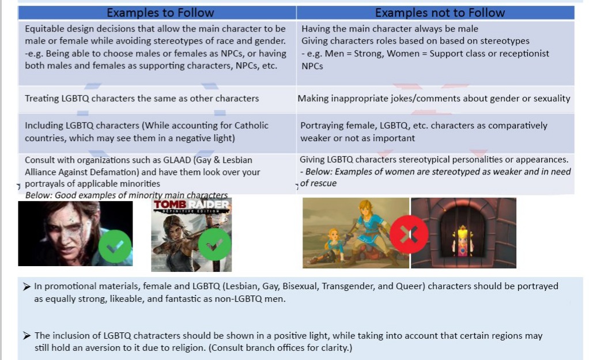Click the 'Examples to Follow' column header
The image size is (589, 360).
pyautogui.click(x=160, y=13)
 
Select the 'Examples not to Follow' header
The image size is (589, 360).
pyautogui.click(x=440, y=13)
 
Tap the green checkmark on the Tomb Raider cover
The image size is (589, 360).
pyautogui.click(x=214, y=244)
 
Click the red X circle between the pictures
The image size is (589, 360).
pyautogui.click(x=409, y=234)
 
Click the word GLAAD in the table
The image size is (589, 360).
pyautogui.click(x=177, y=160)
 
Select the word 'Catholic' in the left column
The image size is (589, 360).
pyautogui.click(x=251, y=126)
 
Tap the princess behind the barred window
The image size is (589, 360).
pyautogui.click(x=463, y=241)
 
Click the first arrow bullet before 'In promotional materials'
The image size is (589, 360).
pyautogui.click(x=27, y=287)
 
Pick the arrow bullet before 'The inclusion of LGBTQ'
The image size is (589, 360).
pyautogui.click(x=27, y=336)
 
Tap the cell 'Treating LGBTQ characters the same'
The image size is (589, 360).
pyautogui.click(x=142, y=98)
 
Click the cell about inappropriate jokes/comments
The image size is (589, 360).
pyautogui.click(x=434, y=98)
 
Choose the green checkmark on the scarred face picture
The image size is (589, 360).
pyautogui.click(x=115, y=247)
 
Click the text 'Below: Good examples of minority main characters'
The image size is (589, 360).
pyautogui.click(x=126, y=195)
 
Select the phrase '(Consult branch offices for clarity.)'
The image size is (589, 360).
pyautogui.click(x=281, y=347)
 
